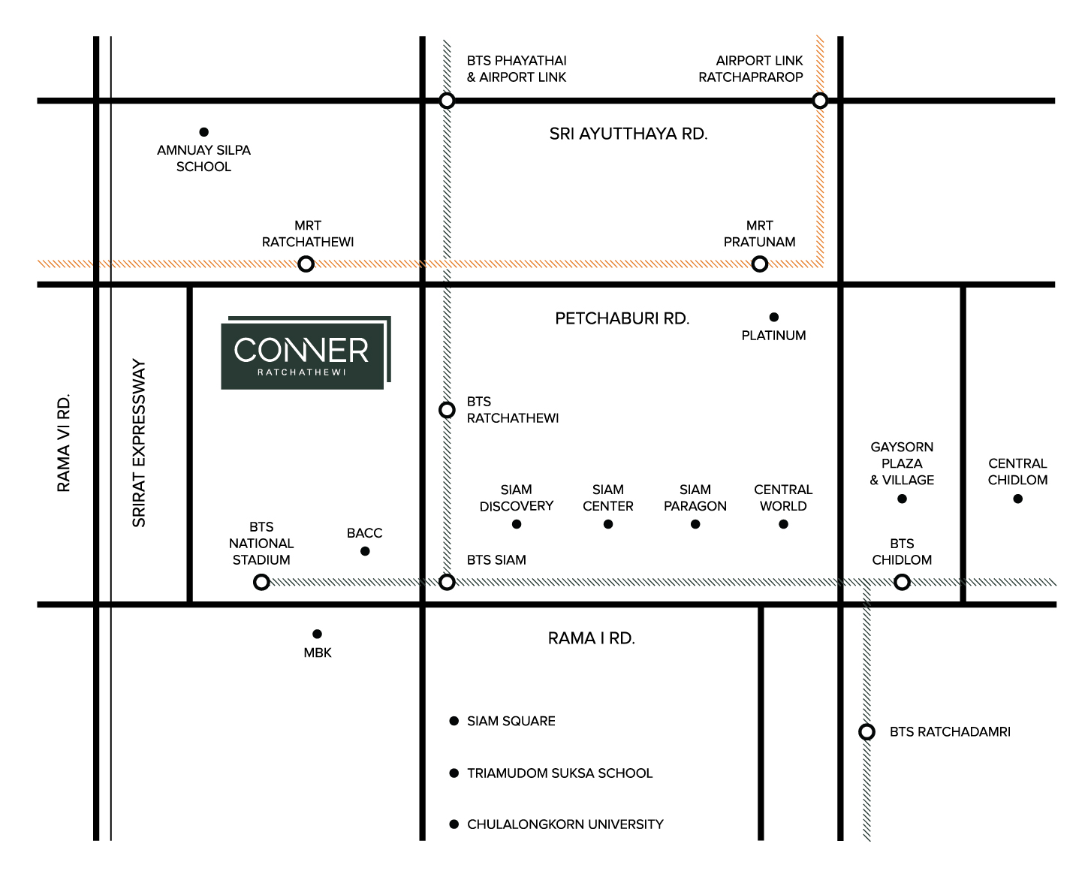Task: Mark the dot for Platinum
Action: tap(773, 317)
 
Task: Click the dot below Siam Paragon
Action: tap(695, 524)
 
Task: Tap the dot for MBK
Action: tap(317, 634)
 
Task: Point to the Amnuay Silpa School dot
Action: tap(203, 132)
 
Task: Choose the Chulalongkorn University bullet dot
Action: tap(454, 824)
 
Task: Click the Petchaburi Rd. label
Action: tap(622, 318)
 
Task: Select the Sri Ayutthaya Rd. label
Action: tap(628, 134)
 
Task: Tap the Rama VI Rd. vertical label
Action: tap(63, 442)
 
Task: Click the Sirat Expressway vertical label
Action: tap(138, 444)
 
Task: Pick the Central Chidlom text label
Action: tap(1017, 472)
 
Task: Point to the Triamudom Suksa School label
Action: tap(559, 773)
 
